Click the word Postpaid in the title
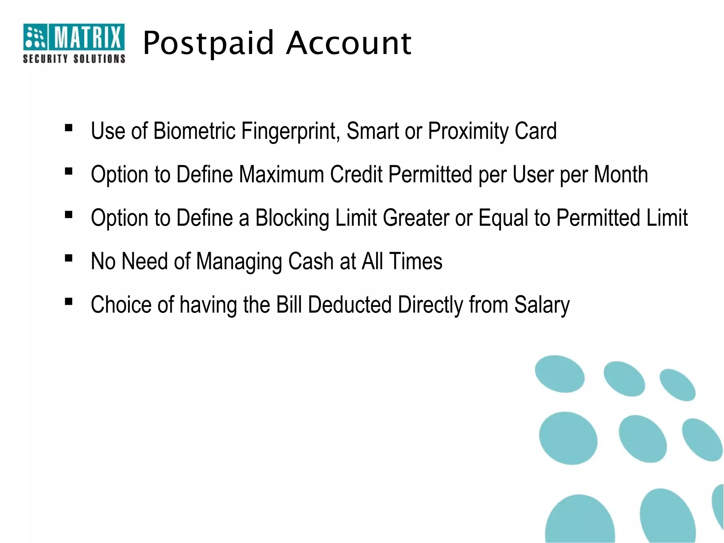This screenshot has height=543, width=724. (209, 43)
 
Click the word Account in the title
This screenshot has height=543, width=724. (349, 43)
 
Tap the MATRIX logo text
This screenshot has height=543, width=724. (87, 37)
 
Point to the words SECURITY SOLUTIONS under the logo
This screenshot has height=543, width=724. (74, 59)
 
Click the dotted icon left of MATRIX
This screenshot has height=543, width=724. (35, 37)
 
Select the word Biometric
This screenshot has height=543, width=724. (194, 131)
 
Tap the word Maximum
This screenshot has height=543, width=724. (281, 174)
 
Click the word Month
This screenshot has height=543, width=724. (621, 174)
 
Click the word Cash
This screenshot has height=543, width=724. (311, 261)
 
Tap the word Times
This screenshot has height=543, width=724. (416, 261)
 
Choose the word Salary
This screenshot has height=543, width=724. (542, 305)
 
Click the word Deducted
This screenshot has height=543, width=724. (350, 305)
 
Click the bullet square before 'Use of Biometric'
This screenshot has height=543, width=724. (69, 128)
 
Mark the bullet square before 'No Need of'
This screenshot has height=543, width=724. (69, 258)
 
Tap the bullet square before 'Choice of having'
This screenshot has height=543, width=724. (69, 302)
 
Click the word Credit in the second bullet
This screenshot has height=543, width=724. (356, 174)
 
